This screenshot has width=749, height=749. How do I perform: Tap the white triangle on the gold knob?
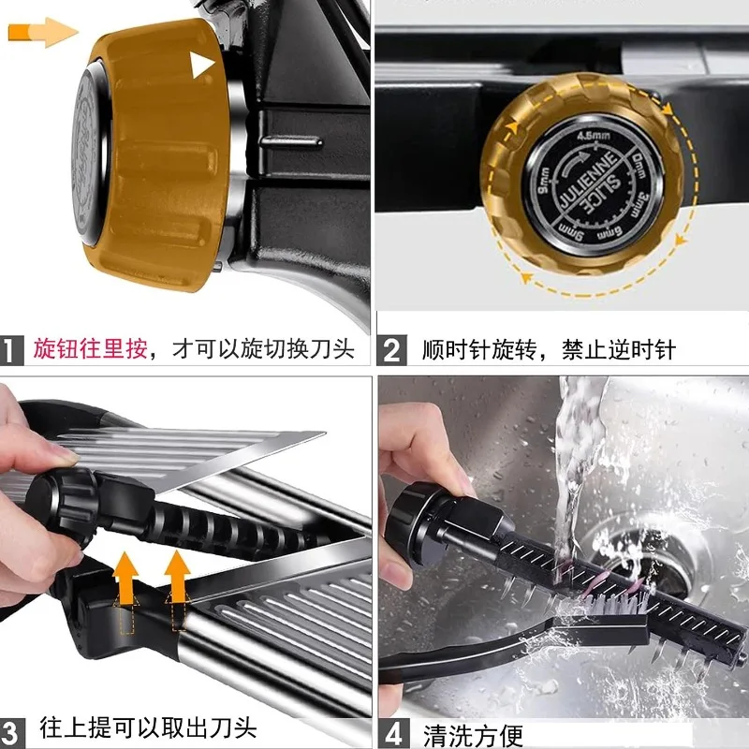click(x=202, y=65)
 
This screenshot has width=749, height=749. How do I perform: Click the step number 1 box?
click(x=12, y=350)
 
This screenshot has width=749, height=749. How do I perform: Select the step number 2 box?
click(x=391, y=350)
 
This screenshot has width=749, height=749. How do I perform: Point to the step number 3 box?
click(x=12, y=728)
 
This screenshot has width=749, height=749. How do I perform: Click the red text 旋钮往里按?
click(x=90, y=350)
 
